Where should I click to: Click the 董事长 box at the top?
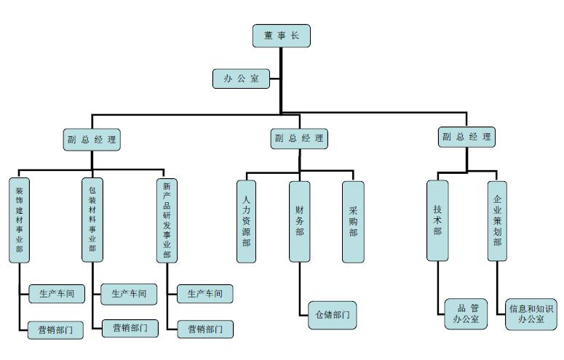(282, 35)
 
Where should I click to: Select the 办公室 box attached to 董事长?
(241, 79)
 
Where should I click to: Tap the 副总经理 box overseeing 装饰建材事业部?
(91, 140)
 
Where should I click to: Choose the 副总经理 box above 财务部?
(299, 138)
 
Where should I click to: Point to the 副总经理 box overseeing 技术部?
(466, 136)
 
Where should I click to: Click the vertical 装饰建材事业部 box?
(20, 219)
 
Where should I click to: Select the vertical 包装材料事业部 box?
(92, 219)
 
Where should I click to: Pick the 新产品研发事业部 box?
(167, 219)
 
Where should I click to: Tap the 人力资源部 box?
(247, 221)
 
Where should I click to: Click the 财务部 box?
(299, 221)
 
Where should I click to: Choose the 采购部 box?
(353, 221)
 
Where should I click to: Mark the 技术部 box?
(437, 220)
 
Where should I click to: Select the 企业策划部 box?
(498, 220)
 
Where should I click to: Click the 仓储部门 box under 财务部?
(333, 315)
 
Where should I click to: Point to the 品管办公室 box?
(466, 313)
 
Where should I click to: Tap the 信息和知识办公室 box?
(531, 313)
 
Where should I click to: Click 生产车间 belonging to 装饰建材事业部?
(57, 294)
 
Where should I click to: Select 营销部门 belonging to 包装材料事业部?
(130, 328)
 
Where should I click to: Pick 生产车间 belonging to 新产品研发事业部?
(205, 294)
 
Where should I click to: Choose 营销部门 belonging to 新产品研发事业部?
(206, 329)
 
